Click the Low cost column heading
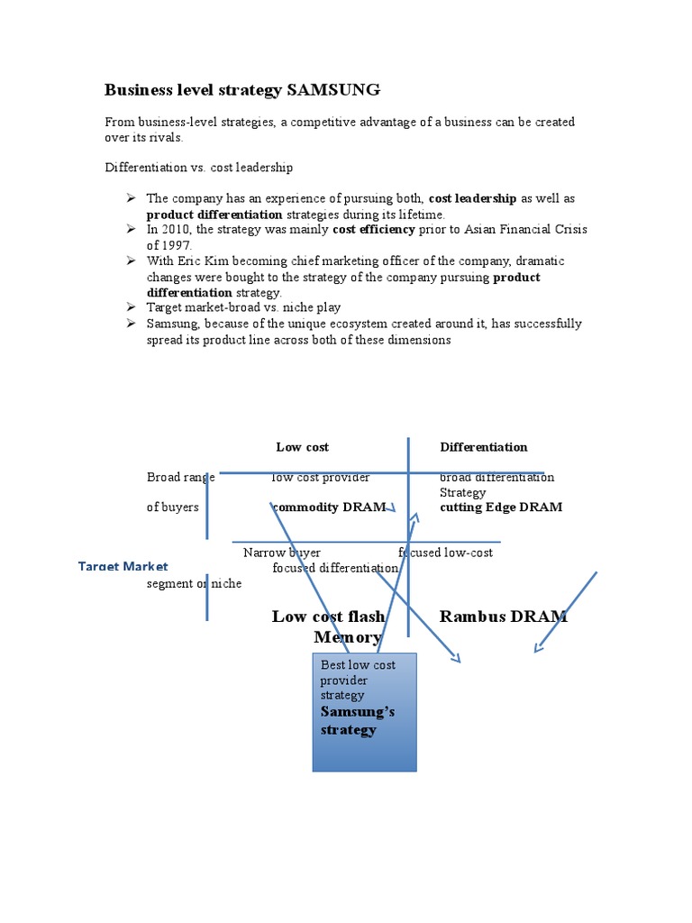coord(302,447)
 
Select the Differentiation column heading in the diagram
coord(484,447)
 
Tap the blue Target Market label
coord(123,566)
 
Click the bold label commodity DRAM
coord(329,507)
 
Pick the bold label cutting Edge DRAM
coord(501,507)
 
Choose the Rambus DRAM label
coord(503,617)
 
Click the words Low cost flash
coord(328,617)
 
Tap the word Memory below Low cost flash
coord(348,637)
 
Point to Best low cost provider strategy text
coord(358,680)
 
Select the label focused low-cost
coord(446,553)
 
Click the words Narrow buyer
coord(282,553)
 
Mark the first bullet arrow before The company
coord(131,198)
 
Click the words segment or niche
coord(194,583)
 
